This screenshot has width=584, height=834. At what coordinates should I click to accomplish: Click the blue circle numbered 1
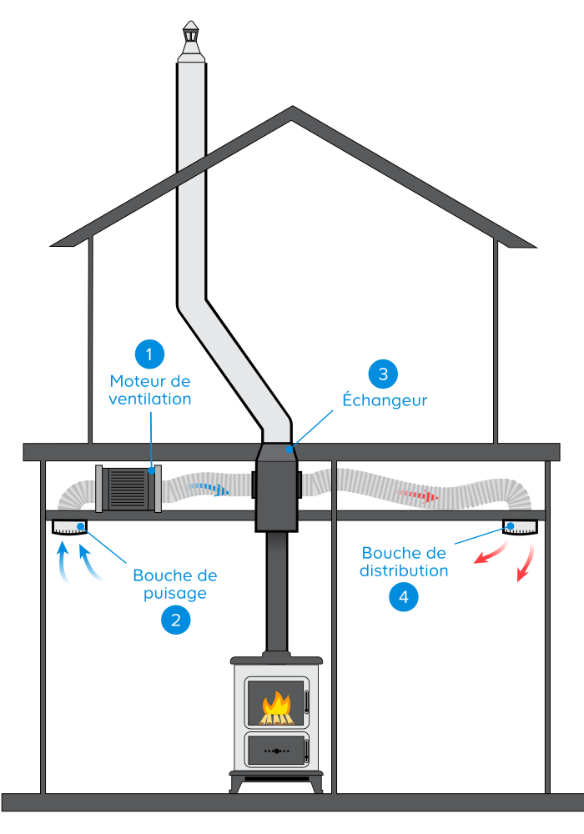[x=149, y=354]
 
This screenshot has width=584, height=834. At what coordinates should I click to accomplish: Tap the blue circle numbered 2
[x=176, y=619]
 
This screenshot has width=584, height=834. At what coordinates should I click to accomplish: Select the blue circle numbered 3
[x=383, y=374]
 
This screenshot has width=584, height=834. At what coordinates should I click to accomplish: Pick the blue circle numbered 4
[x=404, y=597]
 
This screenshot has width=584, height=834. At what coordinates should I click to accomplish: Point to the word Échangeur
[x=385, y=400]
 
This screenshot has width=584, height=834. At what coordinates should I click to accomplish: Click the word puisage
[x=175, y=594]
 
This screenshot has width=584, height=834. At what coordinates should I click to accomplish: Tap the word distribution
[x=405, y=571]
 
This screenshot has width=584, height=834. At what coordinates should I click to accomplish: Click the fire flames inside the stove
[x=276, y=709]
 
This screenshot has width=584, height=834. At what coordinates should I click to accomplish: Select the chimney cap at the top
[x=192, y=38]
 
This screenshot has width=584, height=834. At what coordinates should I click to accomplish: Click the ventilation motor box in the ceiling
[x=129, y=488]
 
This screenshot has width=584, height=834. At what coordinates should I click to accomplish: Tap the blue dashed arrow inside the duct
[x=209, y=490]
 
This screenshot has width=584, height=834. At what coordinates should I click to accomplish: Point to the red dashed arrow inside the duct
[x=417, y=496]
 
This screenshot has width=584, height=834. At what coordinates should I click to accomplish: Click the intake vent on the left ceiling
[x=68, y=527]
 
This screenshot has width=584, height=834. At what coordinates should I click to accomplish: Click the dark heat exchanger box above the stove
[x=275, y=492]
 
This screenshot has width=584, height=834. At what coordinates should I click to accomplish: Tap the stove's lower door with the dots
[x=276, y=751]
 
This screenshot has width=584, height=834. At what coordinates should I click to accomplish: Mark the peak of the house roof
[x=292, y=110]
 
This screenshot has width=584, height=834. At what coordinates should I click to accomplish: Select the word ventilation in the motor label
[x=150, y=399]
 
